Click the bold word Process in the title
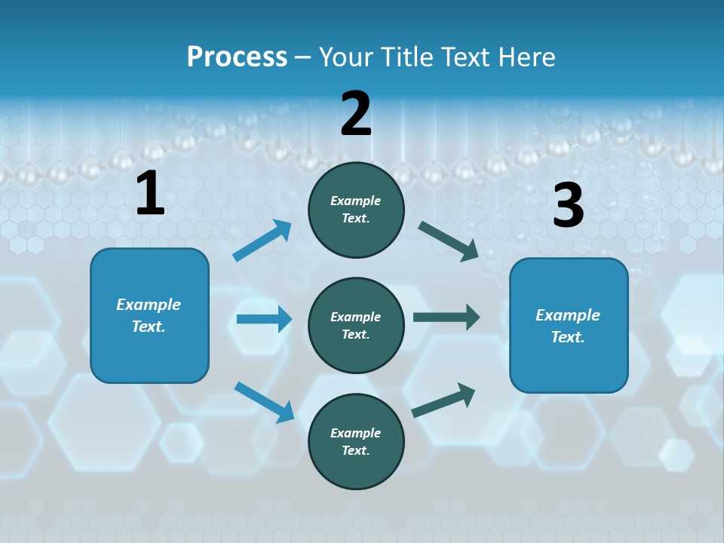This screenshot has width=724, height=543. coord(237,57)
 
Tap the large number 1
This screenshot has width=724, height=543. coord(150,194)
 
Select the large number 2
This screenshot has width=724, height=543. coord(356,114)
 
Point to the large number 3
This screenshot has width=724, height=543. coord(568,206)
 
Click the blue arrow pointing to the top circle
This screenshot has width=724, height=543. coord(262,241)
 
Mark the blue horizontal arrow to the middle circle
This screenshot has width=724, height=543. coord(264,319)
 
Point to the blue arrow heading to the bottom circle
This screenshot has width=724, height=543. coord(264,402)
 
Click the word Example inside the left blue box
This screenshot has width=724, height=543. coord(149,305)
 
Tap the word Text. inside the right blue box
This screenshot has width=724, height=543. coord(568,337)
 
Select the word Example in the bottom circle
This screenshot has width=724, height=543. coord(356,433)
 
